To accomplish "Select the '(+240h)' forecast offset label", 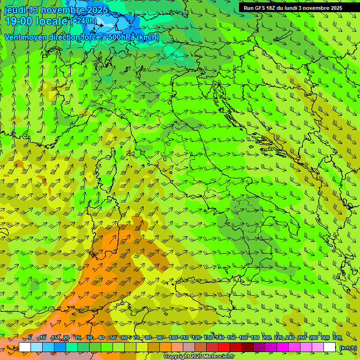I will tap(83, 21).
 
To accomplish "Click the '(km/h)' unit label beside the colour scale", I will tap(348, 347).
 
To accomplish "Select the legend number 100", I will tap(172, 338).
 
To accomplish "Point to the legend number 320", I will tap(337, 338).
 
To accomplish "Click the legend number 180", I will tap(255, 338).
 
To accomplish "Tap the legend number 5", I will tap(30, 338).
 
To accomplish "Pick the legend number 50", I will tap(112, 338).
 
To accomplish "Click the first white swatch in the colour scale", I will tap(25, 347).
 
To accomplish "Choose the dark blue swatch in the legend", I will tap(60, 347).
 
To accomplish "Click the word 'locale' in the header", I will tap(51, 21).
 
